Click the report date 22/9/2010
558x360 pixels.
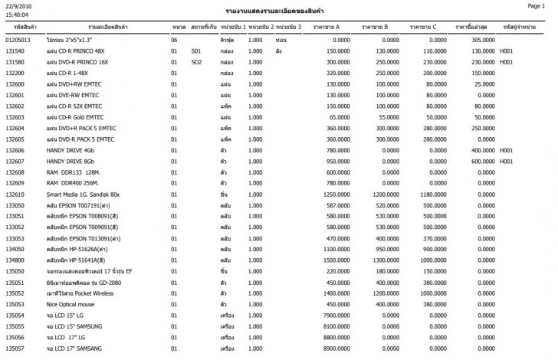coord(18,6)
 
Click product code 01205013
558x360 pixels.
coord(18,39)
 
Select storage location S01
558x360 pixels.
coord(196,50)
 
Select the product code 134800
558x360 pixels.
coord(15,260)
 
